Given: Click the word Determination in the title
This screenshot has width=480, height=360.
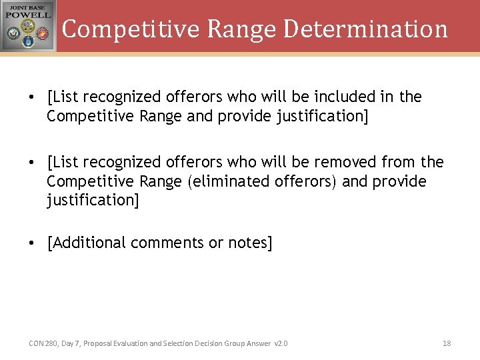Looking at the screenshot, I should pyautogui.click(x=365, y=29).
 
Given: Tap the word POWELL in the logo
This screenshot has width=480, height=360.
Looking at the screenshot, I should pyautogui.click(x=28, y=16).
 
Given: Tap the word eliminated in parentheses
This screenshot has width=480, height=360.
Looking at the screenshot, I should pyautogui.click(x=228, y=181).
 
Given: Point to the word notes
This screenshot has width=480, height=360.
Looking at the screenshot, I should pyautogui.click(x=250, y=243).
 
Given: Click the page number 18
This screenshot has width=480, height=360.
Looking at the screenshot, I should pyautogui.click(x=447, y=343).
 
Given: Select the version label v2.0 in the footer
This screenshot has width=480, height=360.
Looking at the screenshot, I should pyautogui.click(x=281, y=343).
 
